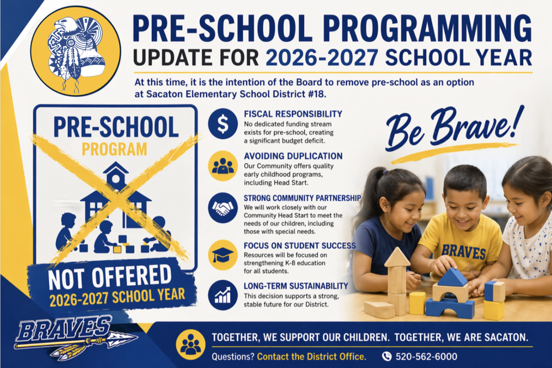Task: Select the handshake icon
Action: click(x=222, y=207)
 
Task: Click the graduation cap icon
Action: click(x=222, y=254)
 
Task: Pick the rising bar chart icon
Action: click(x=222, y=296)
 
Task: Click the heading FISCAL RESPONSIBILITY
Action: click(x=293, y=114)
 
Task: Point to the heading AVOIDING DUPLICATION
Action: click(x=293, y=156)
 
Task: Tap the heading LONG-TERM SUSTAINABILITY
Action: click(x=296, y=286)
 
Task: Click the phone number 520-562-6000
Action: click(x=426, y=356)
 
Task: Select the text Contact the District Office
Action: click(x=311, y=356)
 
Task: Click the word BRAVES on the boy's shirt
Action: click(x=464, y=251)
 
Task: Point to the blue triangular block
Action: click(x=453, y=277)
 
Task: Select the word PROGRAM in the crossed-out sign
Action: click(x=115, y=149)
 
